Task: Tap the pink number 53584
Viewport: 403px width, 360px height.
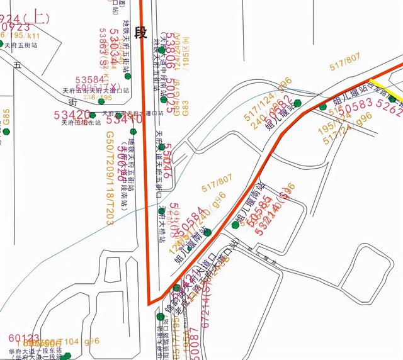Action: click(90, 80)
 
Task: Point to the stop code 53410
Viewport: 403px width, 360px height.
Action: click(124, 117)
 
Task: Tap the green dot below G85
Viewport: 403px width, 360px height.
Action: click(6, 132)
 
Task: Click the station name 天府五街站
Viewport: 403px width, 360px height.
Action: click(21, 45)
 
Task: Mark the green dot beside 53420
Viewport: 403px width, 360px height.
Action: click(93, 115)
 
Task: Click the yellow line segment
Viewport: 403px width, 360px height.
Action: click(393, 96)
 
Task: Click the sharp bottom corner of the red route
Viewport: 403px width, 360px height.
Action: click(150, 303)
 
